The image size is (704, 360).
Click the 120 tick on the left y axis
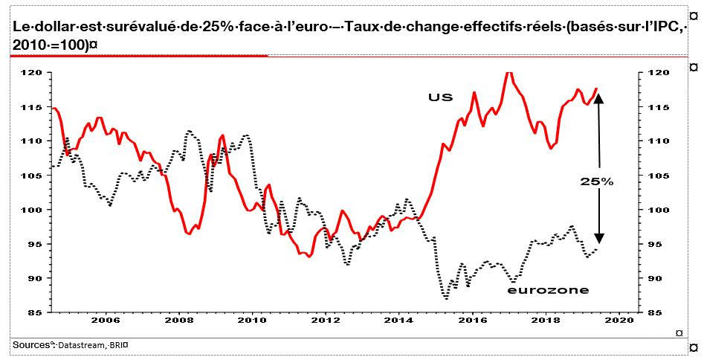click(x=34, y=73)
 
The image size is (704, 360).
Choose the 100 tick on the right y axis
click(x=659, y=210)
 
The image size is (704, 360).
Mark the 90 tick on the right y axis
click(x=657, y=278)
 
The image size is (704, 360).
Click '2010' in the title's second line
click(x=30, y=44)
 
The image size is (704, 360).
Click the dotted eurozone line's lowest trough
click(x=445, y=298)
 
